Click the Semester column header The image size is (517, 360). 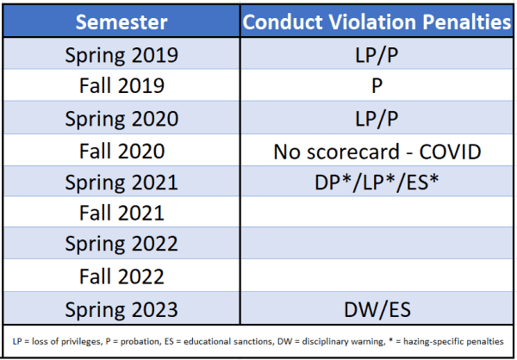pyautogui.click(x=121, y=22)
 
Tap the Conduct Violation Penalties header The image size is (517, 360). pyautogui.click(x=377, y=22)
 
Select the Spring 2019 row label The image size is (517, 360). pyautogui.click(x=121, y=55)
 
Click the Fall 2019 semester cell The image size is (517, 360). pyautogui.click(x=121, y=86)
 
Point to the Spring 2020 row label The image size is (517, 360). pyautogui.click(x=121, y=119)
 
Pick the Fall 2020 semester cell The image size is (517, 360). pyautogui.click(x=121, y=151)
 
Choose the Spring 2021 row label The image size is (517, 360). pyautogui.click(x=121, y=183)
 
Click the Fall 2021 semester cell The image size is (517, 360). pyautogui.click(x=121, y=213)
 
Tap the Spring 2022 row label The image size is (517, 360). pyautogui.click(x=121, y=244)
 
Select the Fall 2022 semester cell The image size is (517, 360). pyautogui.click(x=121, y=276)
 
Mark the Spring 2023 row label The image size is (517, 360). pyautogui.click(x=121, y=310)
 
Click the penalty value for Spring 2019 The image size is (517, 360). pyautogui.click(x=377, y=55)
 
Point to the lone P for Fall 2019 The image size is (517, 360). pyautogui.click(x=377, y=86)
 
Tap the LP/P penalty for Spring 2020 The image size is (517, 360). pyautogui.click(x=377, y=119)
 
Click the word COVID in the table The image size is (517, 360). pyautogui.click(x=450, y=152)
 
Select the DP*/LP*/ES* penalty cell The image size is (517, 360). pyautogui.click(x=377, y=183)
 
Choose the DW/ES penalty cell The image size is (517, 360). pyautogui.click(x=377, y=310)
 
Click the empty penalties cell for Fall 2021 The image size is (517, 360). pyautogui.click(x=377, y=212)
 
